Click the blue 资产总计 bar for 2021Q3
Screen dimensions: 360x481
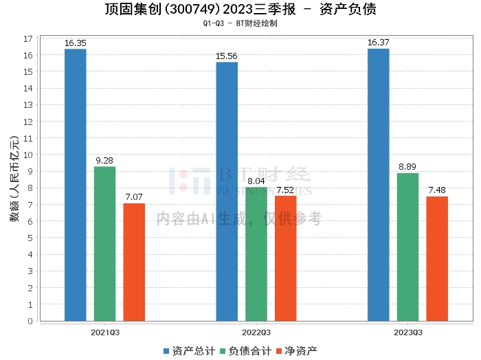point(76,185)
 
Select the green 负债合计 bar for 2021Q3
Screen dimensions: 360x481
point(105,243)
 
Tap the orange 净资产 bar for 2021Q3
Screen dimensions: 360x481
point(134,262)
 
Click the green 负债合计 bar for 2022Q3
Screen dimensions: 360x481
point(256,254)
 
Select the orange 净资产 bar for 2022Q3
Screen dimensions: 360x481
point(286,258)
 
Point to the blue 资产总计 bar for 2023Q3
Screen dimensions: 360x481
point(379,185)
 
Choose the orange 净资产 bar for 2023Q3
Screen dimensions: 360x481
point(437,258)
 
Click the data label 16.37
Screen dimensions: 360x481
point(379,43)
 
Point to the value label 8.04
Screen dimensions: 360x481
point(256,181)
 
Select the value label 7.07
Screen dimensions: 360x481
point(134,197)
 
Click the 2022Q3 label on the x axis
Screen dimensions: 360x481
point(256,332)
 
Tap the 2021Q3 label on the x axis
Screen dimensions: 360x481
point(105,332)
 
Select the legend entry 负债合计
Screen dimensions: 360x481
point(244,350)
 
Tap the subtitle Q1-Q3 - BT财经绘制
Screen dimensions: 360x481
point(240,23)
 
